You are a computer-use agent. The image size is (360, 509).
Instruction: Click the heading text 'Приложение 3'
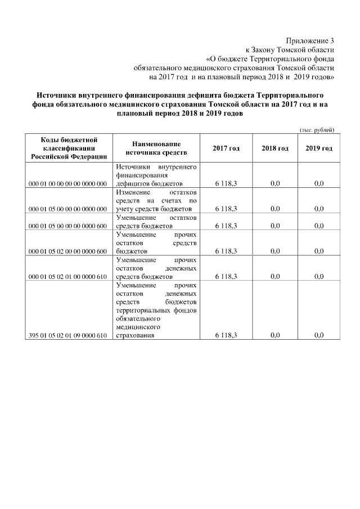310,41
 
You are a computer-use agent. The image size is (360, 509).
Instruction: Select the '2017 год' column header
226,148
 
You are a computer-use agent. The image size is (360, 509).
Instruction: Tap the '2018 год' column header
275,148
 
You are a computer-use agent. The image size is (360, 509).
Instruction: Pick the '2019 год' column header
319,148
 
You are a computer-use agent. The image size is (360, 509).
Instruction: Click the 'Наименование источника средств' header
156,148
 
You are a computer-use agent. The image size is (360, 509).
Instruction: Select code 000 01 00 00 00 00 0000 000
67,184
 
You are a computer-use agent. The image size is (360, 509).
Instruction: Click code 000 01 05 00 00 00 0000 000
67,209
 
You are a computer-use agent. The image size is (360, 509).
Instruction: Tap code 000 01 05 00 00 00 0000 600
67,226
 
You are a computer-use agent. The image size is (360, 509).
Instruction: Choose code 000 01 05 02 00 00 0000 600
67,251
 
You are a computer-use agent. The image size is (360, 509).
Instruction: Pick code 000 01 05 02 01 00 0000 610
67,277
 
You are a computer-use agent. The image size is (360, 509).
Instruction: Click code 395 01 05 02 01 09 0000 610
67,335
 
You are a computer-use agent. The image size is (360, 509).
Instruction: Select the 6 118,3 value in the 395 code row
226,335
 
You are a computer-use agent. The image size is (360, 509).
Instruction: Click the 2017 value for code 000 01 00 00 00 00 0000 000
226,184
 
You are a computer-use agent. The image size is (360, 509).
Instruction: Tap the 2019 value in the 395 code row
319,335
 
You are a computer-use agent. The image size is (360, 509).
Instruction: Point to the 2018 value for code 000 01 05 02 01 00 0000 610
275,277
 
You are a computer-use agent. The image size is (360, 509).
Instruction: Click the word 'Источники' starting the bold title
58,94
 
